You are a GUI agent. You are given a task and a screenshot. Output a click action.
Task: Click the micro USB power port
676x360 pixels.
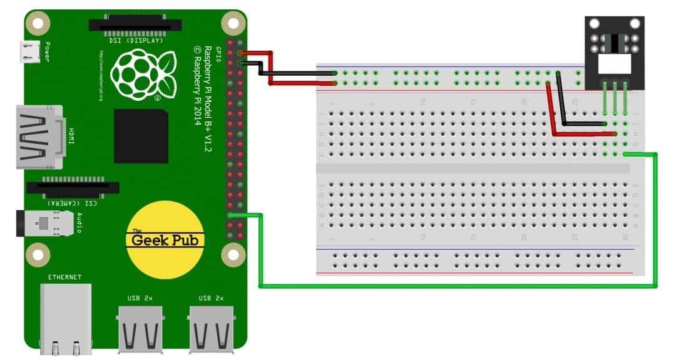[x=29, y=52]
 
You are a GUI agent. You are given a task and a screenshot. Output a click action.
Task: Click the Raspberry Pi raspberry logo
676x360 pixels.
[x=143, y=74]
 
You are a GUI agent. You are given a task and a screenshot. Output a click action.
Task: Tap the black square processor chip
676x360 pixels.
[x=141, y=136]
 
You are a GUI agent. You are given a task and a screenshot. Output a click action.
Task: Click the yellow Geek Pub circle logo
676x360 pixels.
[x=165, y=240]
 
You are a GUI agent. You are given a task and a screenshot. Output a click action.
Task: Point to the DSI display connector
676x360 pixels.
[x=135, y=25]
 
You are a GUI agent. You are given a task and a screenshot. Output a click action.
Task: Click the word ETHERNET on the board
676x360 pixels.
[x=65, y=277]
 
